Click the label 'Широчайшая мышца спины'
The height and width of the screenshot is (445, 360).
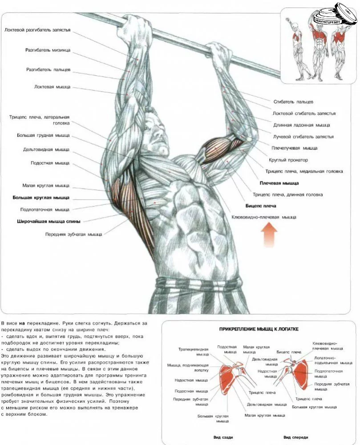[x=49, y=221]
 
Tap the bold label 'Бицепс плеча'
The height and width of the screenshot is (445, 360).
[x=261, y=206]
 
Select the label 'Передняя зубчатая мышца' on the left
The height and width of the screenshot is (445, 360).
[x=73, y=234]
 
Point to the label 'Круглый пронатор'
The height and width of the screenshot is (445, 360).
[x=288, y=160]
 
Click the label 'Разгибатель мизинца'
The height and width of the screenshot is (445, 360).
[x=48, y=50]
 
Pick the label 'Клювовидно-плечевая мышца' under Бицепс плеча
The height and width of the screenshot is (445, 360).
[x=264, y=217]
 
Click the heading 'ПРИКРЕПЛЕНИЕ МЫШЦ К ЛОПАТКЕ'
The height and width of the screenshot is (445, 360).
[x=259, y=329]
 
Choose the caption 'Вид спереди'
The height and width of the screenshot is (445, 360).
[x=295, y=437]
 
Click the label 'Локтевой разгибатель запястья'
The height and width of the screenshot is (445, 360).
[x=37, y=30]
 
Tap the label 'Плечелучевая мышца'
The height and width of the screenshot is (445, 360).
[x=295, y=148]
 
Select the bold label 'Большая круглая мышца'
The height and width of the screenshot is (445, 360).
[x=41, y=197]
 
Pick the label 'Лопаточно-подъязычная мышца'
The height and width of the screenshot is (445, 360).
[x=333, y=361]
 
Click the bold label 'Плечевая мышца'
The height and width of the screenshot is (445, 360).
[x=279, y=183]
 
